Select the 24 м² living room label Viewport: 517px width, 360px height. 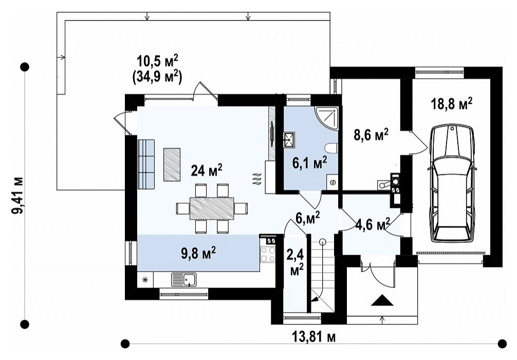[x=207, y=170]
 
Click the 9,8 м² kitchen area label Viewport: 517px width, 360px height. [x=199, y=254]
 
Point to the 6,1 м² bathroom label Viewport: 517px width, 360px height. [x=309, y=163]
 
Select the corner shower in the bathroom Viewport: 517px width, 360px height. [x=326, y=118]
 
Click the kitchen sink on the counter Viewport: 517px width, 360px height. [x=183, y=280]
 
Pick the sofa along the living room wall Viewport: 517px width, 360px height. [x=146, y=165]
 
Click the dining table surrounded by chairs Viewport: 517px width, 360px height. [x=212, y=208]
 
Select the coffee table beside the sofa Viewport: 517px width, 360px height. [x=172, y=165]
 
